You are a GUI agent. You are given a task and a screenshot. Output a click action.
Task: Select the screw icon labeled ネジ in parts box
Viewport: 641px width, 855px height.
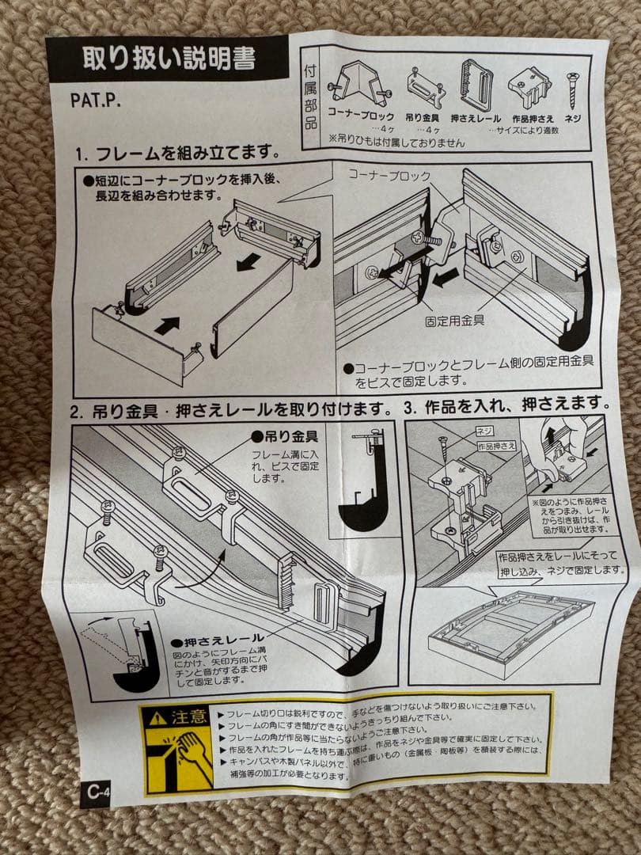click(x=571, y=89)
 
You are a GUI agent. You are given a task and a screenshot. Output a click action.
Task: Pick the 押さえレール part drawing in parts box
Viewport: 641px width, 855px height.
click(x=476, y=84)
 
